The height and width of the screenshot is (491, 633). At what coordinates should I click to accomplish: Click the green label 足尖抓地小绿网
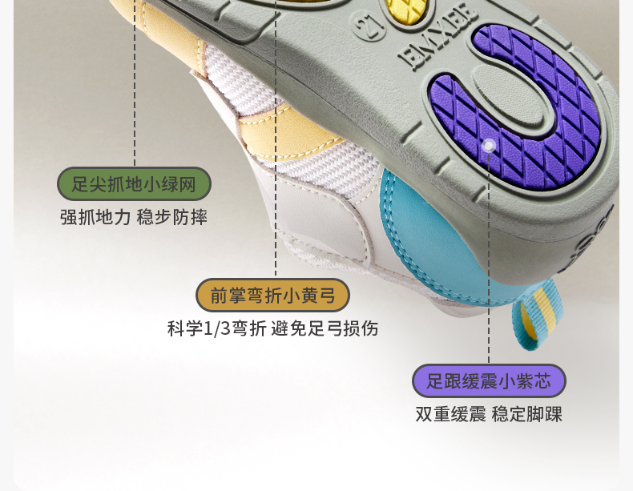point(134,184)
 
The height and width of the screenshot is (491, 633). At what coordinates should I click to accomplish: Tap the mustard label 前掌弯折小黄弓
point(272,296)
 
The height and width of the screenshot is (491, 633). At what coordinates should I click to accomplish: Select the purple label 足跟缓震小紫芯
point(489,381)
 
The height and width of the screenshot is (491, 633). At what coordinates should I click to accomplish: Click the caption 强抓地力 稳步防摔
point(134,217)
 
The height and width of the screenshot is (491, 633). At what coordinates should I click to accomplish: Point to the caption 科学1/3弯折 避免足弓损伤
point(272,328)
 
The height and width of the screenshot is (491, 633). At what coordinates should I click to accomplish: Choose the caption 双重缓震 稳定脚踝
point(489,414)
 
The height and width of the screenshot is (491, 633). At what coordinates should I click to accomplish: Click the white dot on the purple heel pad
point(489,145)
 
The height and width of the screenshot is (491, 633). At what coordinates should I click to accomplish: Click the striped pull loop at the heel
point(532,319)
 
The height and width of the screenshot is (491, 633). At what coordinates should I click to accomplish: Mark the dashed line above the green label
point(135,96)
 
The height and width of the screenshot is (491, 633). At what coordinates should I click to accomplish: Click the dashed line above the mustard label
point(276,160)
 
